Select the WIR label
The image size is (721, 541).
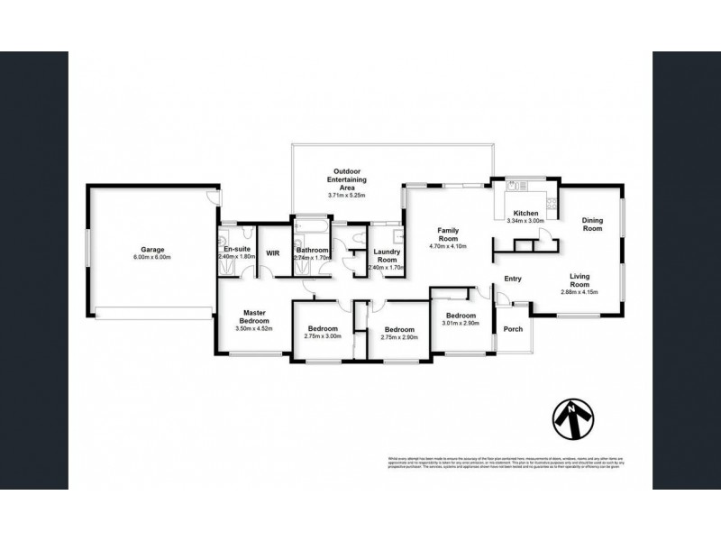(x=272, y=253)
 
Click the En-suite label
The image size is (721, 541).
(x=237, y=247)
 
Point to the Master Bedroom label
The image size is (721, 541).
(x=253, y=317)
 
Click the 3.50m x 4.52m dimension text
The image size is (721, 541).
(x=253, y=329)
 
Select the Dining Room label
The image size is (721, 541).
(x=592, y=224)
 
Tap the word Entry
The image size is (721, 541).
(x=513, y=279)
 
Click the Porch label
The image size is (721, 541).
(x=513, y=329)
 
